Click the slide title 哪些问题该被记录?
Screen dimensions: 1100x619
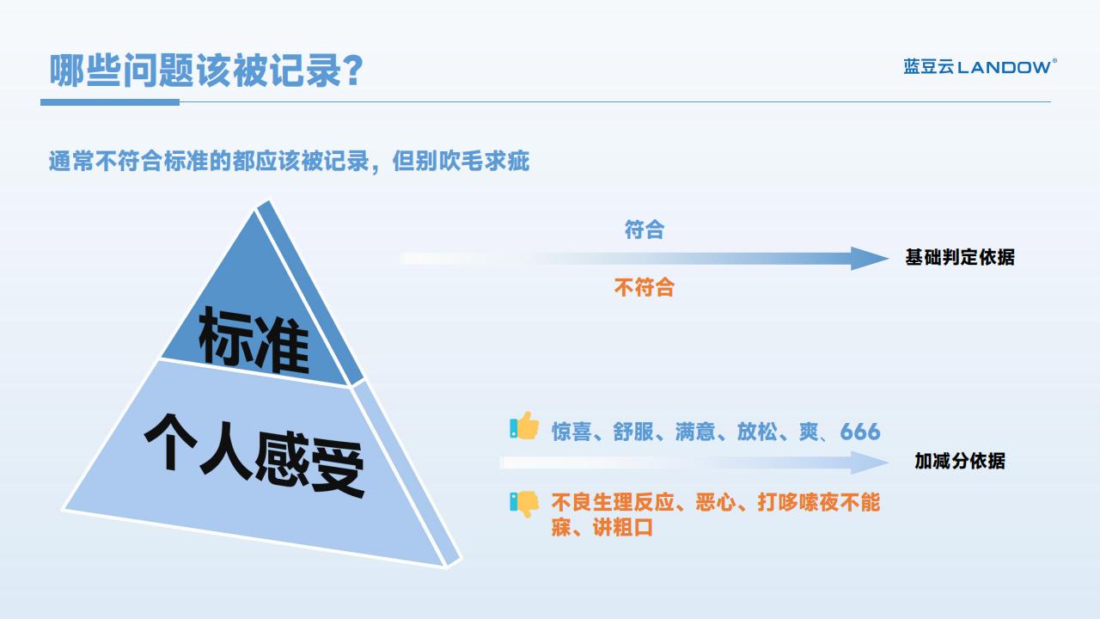point(206,70)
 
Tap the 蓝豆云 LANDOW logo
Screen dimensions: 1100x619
point(981,67)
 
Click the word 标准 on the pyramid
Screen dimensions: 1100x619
point(254,341)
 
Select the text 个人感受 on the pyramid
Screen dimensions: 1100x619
point(254,456)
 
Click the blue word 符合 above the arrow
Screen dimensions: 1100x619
point(645,230)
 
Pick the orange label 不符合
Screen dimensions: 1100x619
point(645,287)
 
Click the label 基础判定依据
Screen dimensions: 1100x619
point(960,257)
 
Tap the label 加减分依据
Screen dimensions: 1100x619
point(960,461)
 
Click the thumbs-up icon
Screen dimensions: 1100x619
point(524,426)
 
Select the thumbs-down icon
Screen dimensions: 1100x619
point(524,504)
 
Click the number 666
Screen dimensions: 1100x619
point(860,432)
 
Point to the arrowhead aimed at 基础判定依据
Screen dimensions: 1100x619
point(870,259)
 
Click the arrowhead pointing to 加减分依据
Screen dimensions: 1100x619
point(870,463)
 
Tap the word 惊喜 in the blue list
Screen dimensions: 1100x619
point(571,432)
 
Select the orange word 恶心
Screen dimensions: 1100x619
point(716,503)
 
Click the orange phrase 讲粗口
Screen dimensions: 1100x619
point(623,528)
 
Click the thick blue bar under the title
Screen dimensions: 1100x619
point(110,102)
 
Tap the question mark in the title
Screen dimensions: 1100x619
point(353,70)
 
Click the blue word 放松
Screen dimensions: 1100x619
point(757,432)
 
